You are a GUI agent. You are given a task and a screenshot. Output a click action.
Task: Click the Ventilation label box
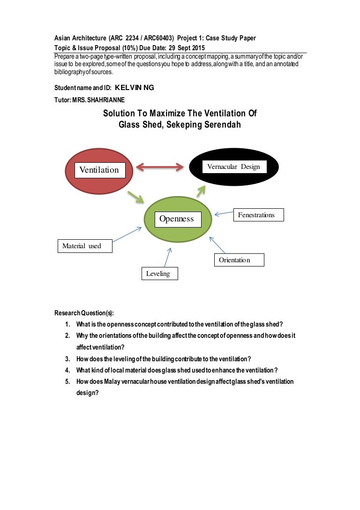[100, 170]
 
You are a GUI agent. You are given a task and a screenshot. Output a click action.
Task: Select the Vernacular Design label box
[233, 167]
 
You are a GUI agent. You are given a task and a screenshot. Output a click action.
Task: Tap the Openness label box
[176, 219]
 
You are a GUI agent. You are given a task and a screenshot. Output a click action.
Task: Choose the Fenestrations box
[256, 215]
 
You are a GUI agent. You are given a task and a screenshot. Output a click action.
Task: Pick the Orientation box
[239, 260]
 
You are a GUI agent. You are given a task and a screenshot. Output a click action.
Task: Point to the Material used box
[85, 246]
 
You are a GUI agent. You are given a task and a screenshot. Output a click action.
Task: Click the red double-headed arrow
[159, 167]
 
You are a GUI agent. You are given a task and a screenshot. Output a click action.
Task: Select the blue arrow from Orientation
[217, 244]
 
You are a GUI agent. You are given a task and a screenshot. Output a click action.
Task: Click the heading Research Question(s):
[84, 313]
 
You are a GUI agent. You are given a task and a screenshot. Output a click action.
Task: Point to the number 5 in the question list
[67, 381]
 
